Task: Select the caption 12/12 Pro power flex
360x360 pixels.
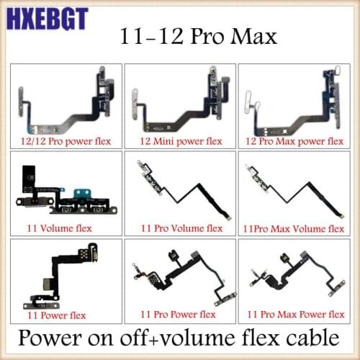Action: pyautogui.click(x=65, y=141)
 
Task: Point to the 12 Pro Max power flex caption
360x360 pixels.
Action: pyautogui.click(x=295, y=141)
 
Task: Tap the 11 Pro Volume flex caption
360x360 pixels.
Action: pyautogui.click(x=179, y=229)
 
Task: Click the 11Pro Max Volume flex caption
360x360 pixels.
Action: pyautogui.click(x=294, y=229)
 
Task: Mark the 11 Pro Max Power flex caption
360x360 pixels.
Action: pyautogui.click(x=294, y=315)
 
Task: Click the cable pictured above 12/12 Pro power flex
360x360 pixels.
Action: pyautogui.click(x=66, y=101)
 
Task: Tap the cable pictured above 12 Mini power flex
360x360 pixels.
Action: pyautogui.click(x=180, y=101)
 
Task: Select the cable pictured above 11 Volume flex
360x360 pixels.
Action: pyautogui.click(x=65, y=191)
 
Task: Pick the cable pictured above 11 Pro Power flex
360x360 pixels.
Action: pyautogui.click(x=180, y=277)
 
